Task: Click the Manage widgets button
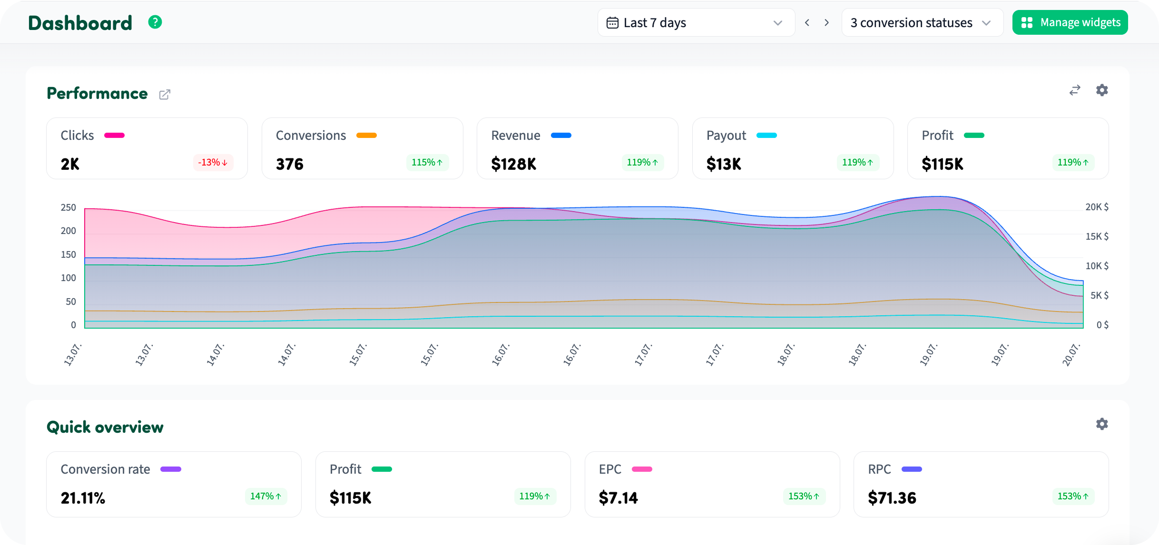1070,22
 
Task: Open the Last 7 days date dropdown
696,22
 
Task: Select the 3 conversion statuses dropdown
922,22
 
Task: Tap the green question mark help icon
155,22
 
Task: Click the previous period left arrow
807,22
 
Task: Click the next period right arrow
827,22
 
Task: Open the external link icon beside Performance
165,94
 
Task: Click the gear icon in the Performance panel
1102,90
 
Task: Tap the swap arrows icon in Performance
1075,90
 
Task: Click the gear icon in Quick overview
1102,424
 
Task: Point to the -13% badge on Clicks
213,162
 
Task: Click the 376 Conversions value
289,164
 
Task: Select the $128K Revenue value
513,164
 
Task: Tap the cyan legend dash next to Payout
766,136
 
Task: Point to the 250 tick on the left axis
69,207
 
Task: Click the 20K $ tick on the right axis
1097,207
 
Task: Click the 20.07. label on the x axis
1071,354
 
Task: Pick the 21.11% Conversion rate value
83,498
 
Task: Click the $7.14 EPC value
618,498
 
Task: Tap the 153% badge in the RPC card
1073,496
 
